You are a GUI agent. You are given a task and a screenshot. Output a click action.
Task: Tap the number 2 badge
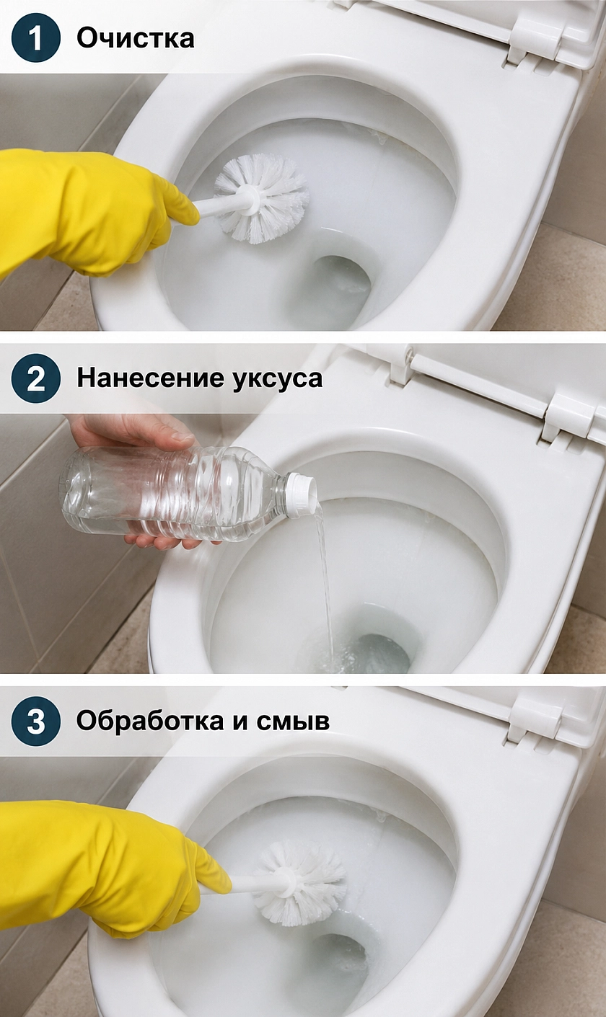(36, 378)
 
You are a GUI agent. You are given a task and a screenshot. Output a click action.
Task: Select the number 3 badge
(36, 721)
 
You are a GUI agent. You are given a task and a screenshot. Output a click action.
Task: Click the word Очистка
(136, 38)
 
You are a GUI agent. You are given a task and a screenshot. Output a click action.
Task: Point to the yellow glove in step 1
(91, 212)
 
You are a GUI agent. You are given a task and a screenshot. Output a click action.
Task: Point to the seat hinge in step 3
(535, 722)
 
